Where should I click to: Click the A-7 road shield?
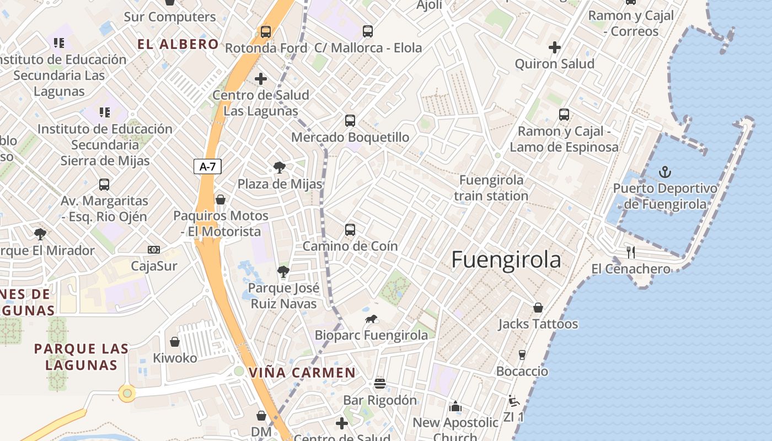[x=207, y=166]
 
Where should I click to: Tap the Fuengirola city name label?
[x=506, y=260]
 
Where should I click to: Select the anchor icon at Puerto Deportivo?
[x=665, y=173]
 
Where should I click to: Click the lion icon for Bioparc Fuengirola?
[x=371, y=319]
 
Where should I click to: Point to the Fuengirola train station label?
[x=491, y=188]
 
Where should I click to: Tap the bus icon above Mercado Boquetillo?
[x=350, y=121]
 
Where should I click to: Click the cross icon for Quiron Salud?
[x=555, y=48]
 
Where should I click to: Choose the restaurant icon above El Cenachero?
[x=631, y=252]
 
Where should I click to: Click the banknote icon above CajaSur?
[x=154, y=250]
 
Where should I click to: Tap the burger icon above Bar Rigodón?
[x=379, y=383]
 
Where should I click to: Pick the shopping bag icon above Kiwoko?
[x=175, y=342]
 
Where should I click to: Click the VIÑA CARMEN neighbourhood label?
[x=302, y=373]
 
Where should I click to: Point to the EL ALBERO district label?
[x=178, y=45]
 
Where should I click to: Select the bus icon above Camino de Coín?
[x=350, y=230]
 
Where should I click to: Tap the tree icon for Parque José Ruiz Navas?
[x=283, y=271]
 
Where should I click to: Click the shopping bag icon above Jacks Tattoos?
[x=538, y=308]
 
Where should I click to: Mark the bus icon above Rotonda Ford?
[x=266, y=32]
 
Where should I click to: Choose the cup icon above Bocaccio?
[x=522, y=354]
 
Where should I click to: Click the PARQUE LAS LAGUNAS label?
[x=82, y=357]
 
